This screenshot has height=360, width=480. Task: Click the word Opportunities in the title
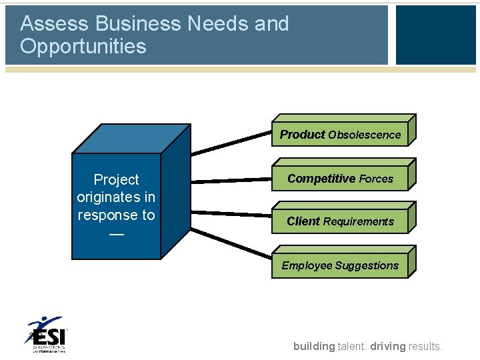coord(83,47)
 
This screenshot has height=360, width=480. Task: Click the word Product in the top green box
coord(302,135)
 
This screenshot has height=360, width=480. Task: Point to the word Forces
coord(376,179)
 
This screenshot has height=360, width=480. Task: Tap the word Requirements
coord(359,221)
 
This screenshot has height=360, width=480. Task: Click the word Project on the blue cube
coord(117,180)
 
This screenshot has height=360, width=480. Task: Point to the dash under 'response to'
coord(116,234)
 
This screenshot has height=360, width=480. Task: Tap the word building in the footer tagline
coord(314,346)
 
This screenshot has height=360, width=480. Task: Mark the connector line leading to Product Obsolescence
coord(231,144)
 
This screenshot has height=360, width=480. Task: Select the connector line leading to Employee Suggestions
coord(231,243)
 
